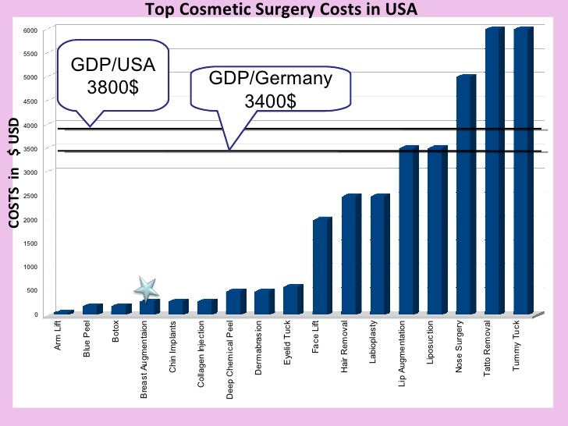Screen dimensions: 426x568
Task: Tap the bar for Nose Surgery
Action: click(466, 195)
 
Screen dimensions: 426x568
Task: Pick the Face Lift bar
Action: click(322, 265)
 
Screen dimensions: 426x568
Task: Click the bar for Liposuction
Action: click(437, 230)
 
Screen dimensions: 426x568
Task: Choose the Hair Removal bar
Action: click(351, 254)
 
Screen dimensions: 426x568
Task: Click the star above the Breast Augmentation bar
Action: click(146, 287)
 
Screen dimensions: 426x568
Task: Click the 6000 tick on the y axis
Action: click(30, 30)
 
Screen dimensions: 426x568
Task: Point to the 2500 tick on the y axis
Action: click(30, 197)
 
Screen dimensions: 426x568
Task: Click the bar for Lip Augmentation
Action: click(408, 230)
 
